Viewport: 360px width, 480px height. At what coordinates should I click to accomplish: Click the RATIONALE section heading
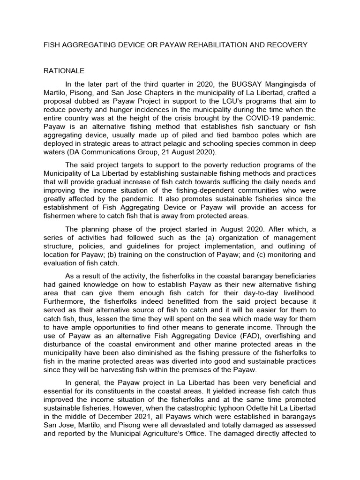coord(64,71)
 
